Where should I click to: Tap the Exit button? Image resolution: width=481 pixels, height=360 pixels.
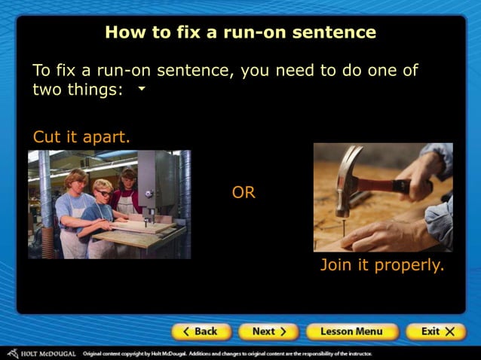[x=436, y=331]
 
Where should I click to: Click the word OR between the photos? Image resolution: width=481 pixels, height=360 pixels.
[x=244, y=193]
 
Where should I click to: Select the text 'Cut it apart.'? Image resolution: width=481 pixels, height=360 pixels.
[x=81, y=137]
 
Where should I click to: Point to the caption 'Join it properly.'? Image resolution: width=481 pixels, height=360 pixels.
[x=382, y=265]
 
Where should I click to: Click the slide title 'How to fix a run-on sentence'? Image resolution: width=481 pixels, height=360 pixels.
[x=240, y=32]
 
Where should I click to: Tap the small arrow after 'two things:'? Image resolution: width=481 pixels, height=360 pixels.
[x=141, y=89]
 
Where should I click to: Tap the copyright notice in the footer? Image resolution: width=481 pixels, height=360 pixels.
[x=226, y=352]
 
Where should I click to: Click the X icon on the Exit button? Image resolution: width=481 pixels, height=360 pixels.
[x=450, y=331]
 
